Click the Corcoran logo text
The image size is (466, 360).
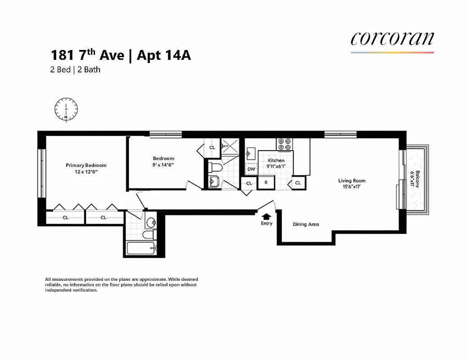392,38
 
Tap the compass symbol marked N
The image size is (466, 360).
66,109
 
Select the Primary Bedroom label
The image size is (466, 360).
86,165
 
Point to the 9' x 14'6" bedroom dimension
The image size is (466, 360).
163,165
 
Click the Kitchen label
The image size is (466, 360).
276,160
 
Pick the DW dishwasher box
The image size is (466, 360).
251,169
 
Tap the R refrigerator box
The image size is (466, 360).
266,183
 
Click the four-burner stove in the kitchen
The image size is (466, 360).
284,144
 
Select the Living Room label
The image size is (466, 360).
352,181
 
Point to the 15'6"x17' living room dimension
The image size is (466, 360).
352,187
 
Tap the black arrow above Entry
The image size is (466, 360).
267,216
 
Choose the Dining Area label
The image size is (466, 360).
306,224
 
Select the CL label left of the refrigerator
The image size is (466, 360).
249,183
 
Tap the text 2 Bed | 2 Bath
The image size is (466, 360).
75,70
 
